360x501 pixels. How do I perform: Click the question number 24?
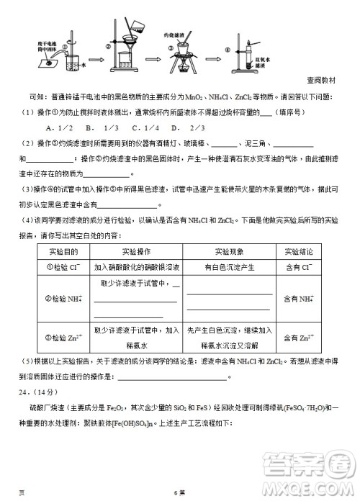pyautogui.click(x=27, y=392)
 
